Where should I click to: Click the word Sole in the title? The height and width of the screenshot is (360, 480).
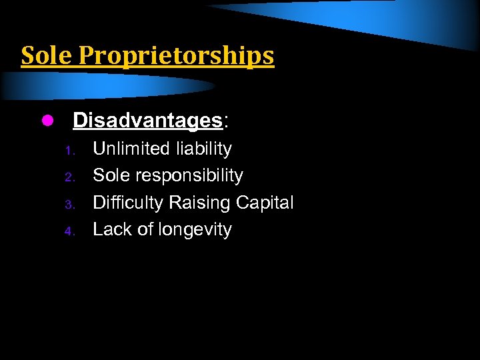(x=47, y=56)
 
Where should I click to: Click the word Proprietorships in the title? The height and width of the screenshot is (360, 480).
(x=176, y=57)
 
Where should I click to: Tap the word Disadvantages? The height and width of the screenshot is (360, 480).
(x=147, y=121)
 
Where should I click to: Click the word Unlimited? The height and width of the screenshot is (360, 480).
(x=131, y=149)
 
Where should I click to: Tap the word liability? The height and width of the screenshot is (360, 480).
(x=203, y=149)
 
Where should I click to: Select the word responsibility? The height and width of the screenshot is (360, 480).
(x=189, y=176)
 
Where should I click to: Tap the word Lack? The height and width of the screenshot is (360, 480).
(x=112, y=229)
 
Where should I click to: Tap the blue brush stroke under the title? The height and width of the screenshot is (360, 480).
(x=107, y=85)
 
